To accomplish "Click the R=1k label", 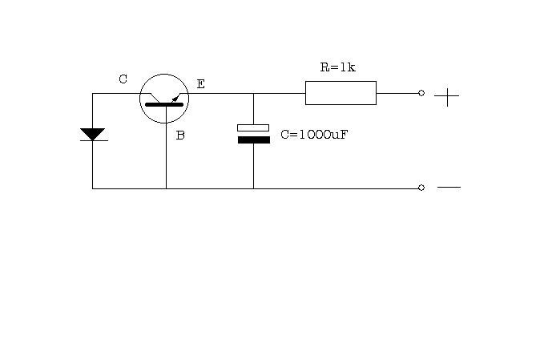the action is click(337, 67).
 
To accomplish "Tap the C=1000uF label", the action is click(314, 135).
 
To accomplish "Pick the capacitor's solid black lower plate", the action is click(254, 140).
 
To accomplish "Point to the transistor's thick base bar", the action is click(164, 104).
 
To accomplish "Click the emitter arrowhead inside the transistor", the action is click(175, 99).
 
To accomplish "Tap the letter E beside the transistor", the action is click(201, 84).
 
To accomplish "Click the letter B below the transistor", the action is click(180, 136).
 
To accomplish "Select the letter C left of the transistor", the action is click(123, 79).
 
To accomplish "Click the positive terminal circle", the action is click(421, 93).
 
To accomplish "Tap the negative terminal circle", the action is click(421, 188).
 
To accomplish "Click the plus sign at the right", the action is click(447, 97).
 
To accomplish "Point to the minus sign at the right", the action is click(449, 188).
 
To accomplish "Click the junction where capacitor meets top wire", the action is click(253, 93).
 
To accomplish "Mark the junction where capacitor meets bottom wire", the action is click(253, 188).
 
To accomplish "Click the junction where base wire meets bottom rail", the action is click(166, 188).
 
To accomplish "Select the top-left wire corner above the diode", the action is click(92, 93).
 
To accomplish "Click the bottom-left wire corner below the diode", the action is click(92, 188).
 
